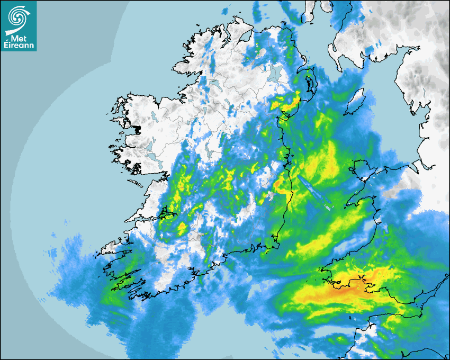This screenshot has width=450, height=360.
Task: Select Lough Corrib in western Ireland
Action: pyautogui.click(x=151, y=146)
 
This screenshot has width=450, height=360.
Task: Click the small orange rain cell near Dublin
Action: pyautogui.click(x=277, y=184)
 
